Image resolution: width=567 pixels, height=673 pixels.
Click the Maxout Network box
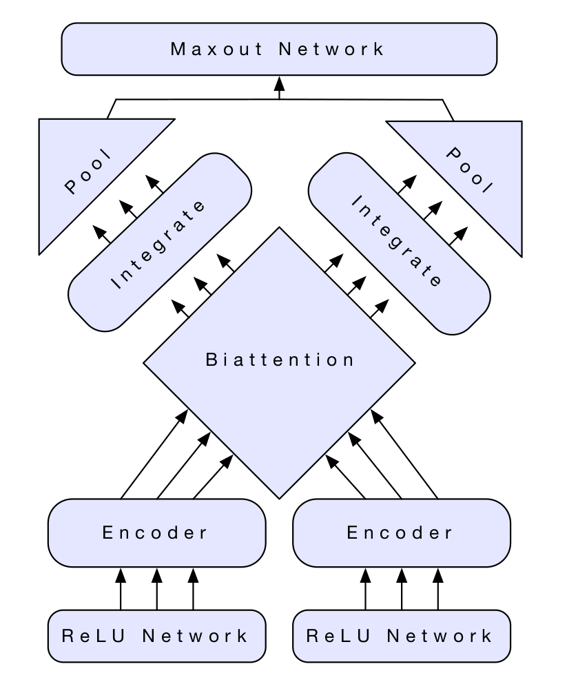[279, 49]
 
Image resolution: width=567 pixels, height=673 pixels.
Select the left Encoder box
[156, 532]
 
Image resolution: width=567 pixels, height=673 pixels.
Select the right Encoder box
[402, 532]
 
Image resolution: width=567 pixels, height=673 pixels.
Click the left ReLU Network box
[156, 635]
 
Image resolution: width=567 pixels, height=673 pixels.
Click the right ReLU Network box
[402, 635]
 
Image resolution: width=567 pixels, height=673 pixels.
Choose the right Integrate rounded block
[399, 241]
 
